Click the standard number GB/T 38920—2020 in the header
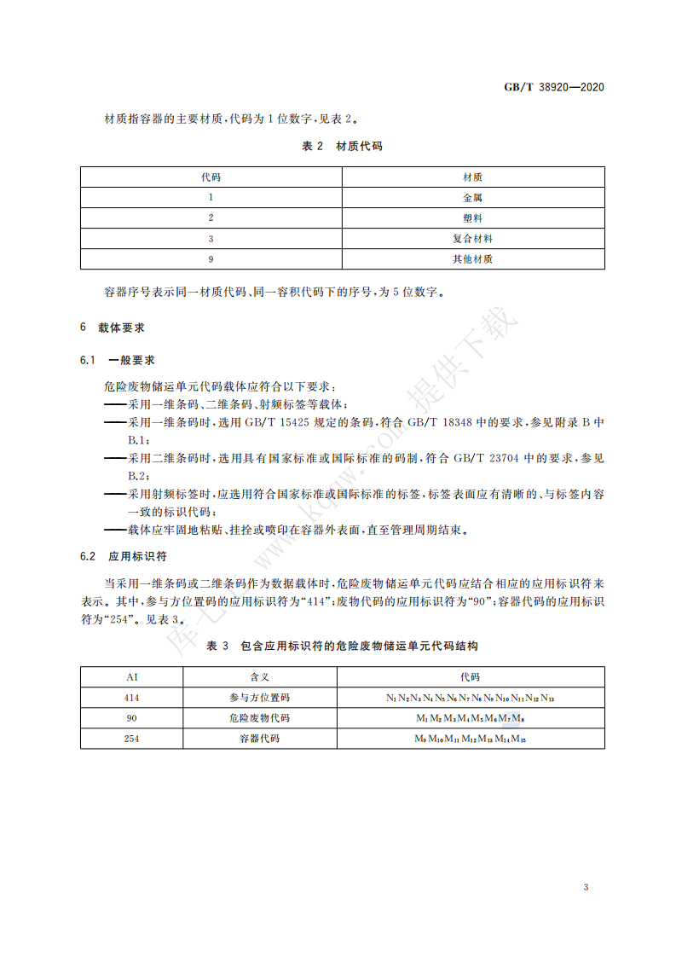pos(554,88)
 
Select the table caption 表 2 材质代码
pos(343,146)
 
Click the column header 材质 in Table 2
pos(473,177)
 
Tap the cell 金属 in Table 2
pos(473,197)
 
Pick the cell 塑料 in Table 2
pos(473,217)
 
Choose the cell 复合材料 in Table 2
pos(473,238)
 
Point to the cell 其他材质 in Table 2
pos(473,258)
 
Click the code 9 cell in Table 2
pos(211,258)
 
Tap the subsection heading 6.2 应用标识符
pos(123,556)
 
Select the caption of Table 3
pos(343,647)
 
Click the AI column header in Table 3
pos(131,677)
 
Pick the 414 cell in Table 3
pos(131,698)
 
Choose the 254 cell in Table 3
pos(131,739)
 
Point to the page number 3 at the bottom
pos(586,888)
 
